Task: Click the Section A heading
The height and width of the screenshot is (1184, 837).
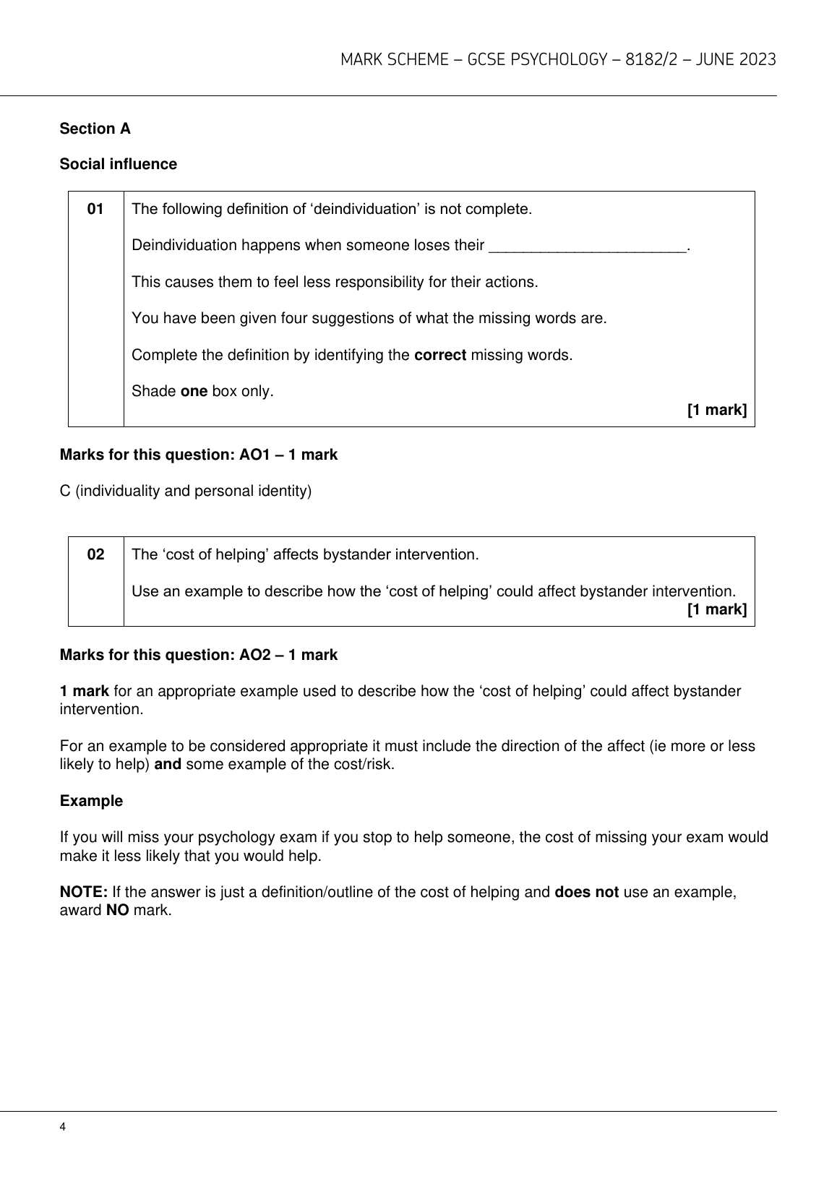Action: point(95,129)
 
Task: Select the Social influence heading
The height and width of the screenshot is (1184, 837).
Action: point(118,164)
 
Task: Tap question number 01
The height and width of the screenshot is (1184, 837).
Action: point(95,210)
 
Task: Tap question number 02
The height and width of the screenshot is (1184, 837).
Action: point(95,555)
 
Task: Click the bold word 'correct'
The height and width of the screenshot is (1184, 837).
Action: point(439,356)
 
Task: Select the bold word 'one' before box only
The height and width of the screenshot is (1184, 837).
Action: point(194,392)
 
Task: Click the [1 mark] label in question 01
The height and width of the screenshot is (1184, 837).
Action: point(716,411)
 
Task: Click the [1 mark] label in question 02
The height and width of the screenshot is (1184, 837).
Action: point(716,609)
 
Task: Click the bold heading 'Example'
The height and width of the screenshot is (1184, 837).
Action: point(91,801)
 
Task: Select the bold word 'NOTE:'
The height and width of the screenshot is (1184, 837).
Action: point(84,892)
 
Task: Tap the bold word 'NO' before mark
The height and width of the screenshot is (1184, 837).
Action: point(117,910)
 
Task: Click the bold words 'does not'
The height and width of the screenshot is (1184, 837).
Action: point(586,892)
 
